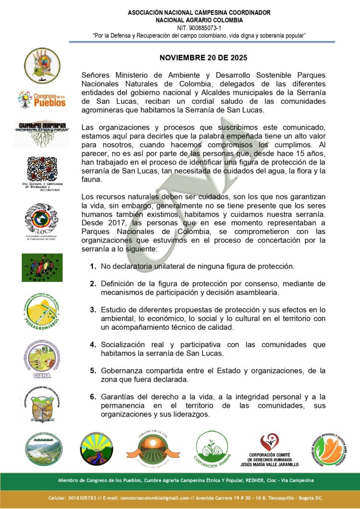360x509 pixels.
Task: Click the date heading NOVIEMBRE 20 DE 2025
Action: click(x=203, y=58)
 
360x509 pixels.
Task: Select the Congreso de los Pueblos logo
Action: click(x=42, y=99)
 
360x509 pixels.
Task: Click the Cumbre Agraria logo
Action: click(x=42, y=133)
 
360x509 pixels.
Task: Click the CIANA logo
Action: click(x=42, y=358)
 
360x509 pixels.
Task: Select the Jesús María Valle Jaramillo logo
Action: click(x=273, y=449)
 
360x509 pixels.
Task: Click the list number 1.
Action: click(x=93, y=266)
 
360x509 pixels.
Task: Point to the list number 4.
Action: click(x=93, y=344)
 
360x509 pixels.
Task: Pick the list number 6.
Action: click(x=93, y=397)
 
